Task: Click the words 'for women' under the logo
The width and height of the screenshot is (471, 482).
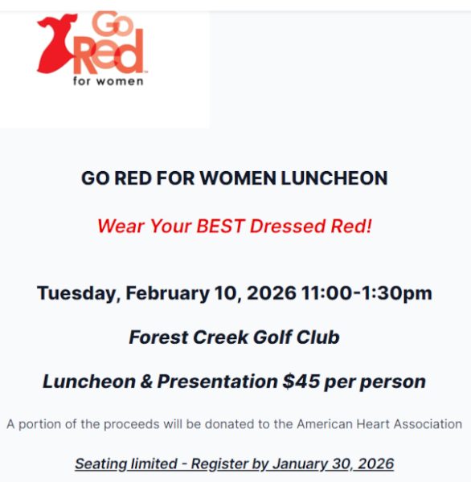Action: tap(109, 81)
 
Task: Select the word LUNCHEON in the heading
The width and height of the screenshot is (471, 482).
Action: tap(334, 178)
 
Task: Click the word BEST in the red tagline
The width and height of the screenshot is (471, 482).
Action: tap(220, 226)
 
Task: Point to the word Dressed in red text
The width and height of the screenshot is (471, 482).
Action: tap(288, 226)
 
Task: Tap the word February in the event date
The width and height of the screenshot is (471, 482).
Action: tap(168, 293)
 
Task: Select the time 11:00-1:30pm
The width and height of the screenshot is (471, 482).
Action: tap(367, 293)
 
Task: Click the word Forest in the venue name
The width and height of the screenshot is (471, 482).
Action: tap(158, 337)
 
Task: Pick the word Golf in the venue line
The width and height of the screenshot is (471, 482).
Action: tap(272, 337)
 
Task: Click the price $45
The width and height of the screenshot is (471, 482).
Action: tap(301, 381)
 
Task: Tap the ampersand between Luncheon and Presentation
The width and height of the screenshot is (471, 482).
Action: tap(146, 382)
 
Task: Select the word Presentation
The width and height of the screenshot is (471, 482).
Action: tap(218, 381)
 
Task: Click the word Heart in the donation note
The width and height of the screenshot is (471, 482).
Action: tap(373, 424)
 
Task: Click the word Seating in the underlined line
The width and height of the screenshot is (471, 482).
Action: tap(101, 464)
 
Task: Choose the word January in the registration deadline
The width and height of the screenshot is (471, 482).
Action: tap(300, 464)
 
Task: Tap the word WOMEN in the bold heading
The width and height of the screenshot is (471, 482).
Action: tap(238, 178)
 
